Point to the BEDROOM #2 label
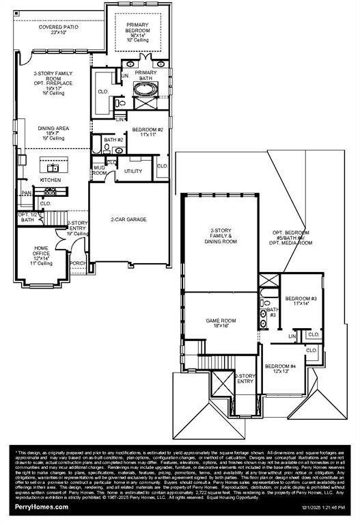(x=148, y=130)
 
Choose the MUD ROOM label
(x=100, y=171)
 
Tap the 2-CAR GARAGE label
(x=129, y=219)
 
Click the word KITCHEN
(x=50, y=180)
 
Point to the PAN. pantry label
(x=26, y=193)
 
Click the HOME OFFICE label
(x=42, y=254)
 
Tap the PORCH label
(x=78, y=262)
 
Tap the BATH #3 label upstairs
(x=271, y=312)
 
